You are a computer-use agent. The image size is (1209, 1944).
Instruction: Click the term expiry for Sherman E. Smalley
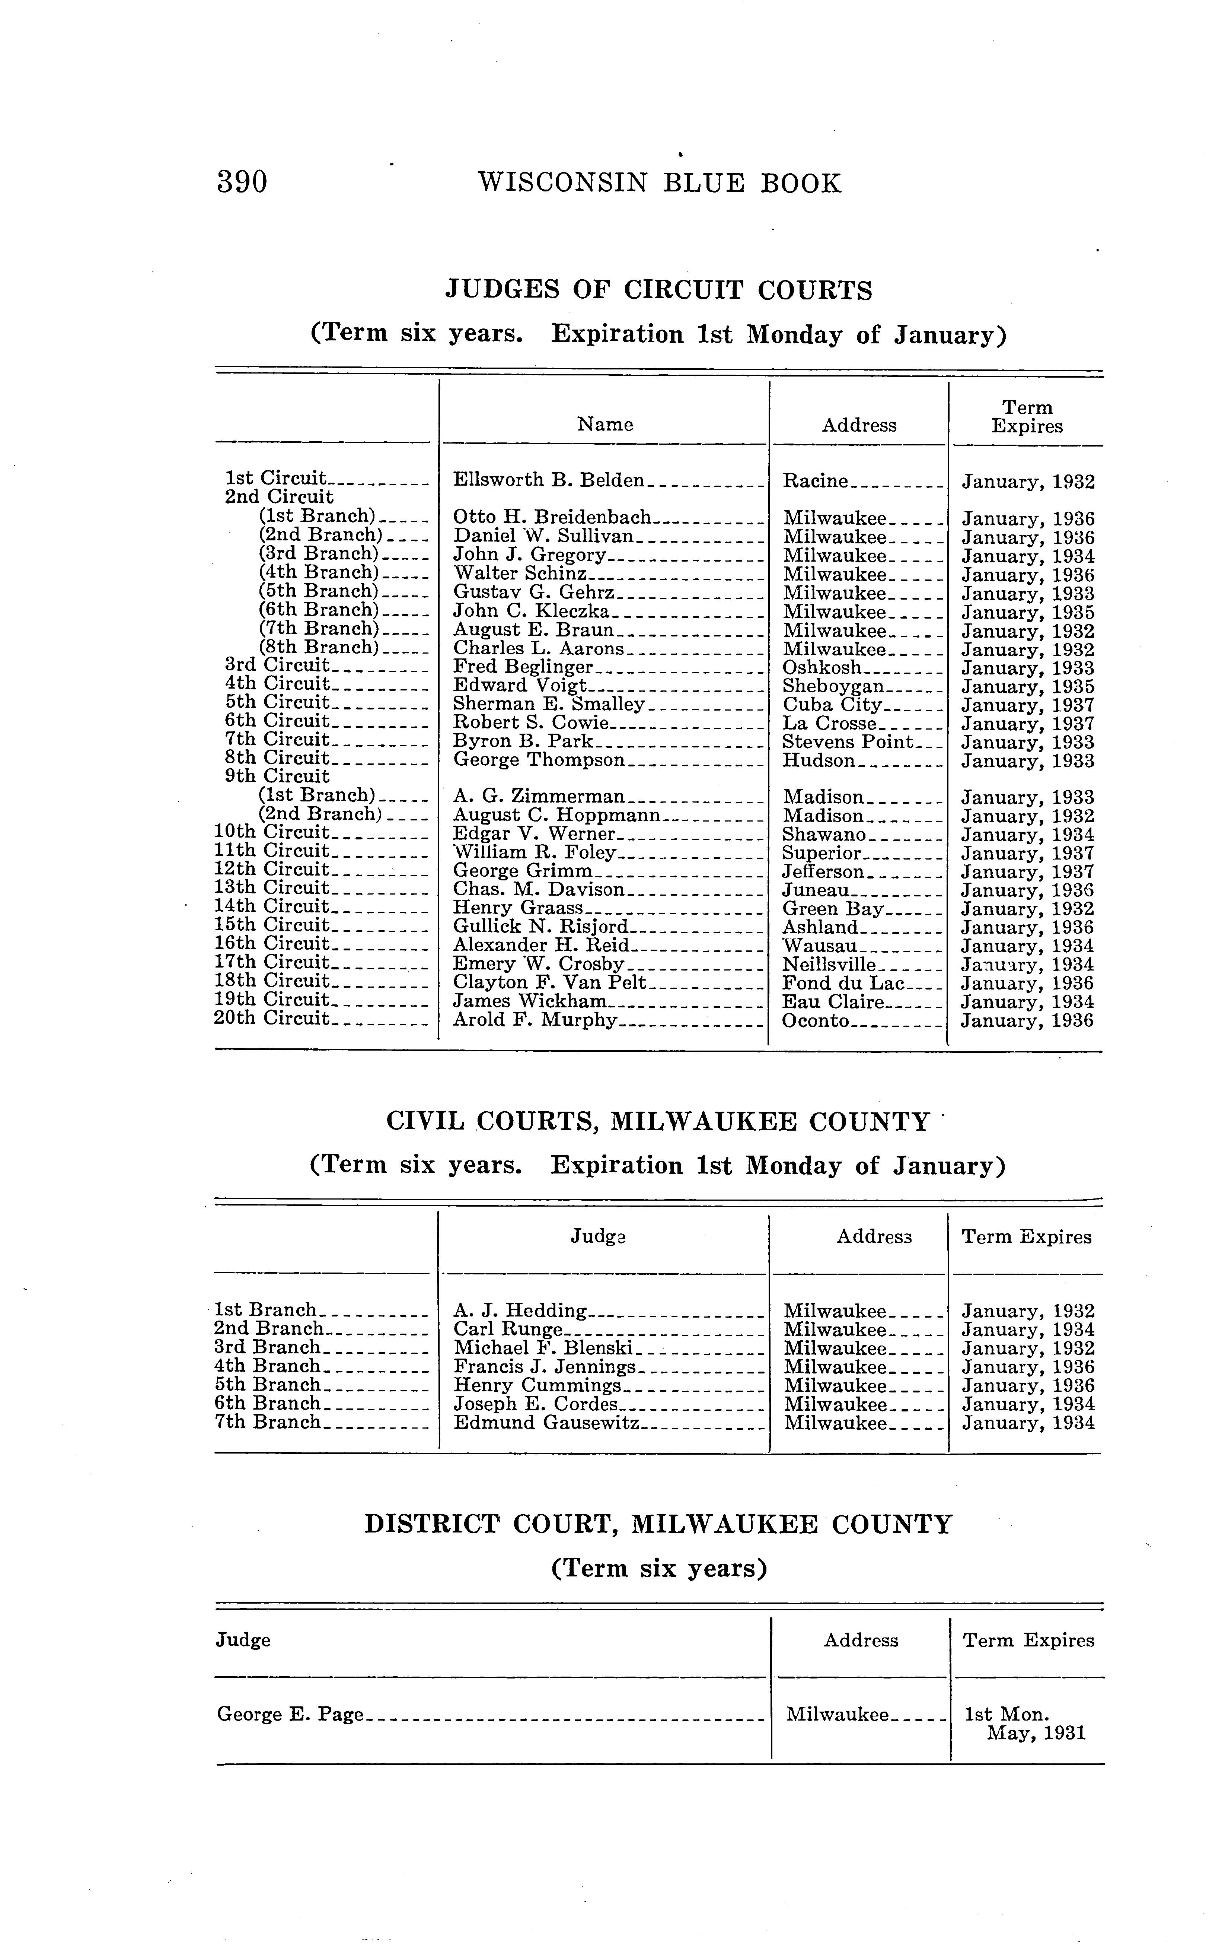(1027, 706)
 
